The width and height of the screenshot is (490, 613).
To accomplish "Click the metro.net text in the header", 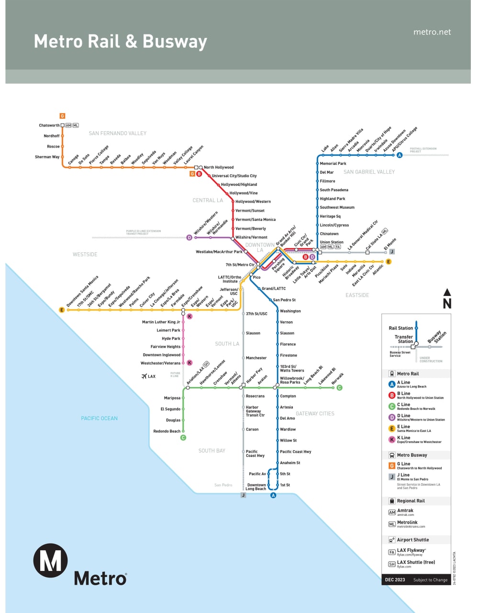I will coord(432,32).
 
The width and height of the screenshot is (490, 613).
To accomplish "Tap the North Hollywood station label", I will coord(219,167).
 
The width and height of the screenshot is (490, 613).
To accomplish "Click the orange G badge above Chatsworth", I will coord(62,116).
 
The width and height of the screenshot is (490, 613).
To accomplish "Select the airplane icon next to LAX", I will coord(144,376).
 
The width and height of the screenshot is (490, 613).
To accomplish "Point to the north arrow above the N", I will coord(447,292).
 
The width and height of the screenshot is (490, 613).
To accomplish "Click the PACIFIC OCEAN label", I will coord(99,418).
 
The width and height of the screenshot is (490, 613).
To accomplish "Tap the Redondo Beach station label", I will coord(167,431).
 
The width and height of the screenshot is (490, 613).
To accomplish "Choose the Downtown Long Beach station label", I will coord(256,487).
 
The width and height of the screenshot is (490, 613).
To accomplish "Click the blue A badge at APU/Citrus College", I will coord(400,155).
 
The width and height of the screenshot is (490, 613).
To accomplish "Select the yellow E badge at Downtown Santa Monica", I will coord(61,310).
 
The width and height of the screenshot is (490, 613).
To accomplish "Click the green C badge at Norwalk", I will coord(339,387).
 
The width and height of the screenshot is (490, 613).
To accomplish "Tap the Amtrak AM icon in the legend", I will coord(392,512).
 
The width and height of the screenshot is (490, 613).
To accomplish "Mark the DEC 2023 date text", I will coord(395,579).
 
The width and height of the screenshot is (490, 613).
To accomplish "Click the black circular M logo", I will coord(50,560).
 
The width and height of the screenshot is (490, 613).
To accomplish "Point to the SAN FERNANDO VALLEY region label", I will coord(118,133).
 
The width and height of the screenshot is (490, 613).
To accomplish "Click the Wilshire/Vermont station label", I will coord(251,237).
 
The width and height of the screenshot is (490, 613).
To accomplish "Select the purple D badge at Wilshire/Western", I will coord(189,238).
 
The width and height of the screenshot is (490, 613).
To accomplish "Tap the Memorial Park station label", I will coord(333,163).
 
